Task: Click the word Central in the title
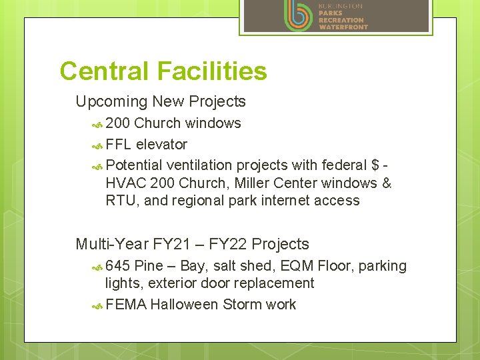[x=105, y=71]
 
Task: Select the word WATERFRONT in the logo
[x=343, y=27]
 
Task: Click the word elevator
[x=161, y=145]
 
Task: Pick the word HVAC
[x=126, y=183]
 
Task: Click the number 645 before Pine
[x=118, y=266]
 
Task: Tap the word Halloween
[x=186, y=305]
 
